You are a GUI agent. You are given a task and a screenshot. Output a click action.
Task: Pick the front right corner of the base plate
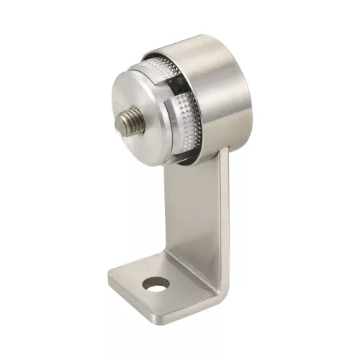point(177,317)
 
